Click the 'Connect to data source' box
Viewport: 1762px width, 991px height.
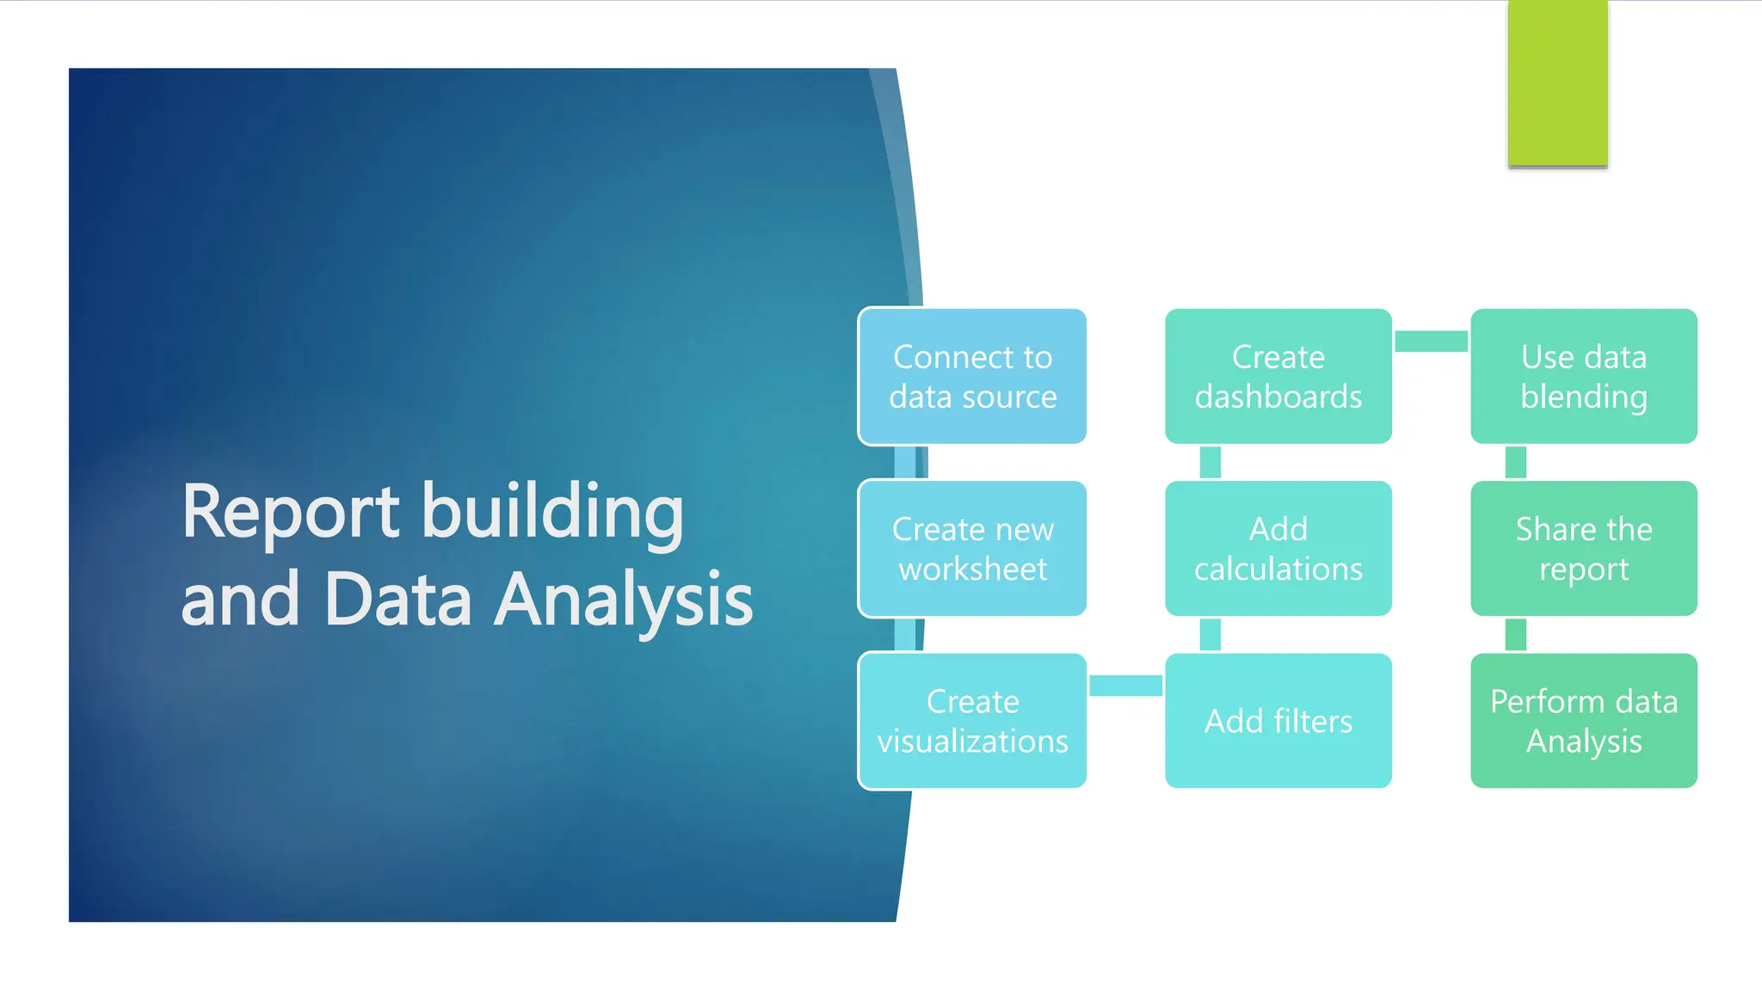(972, 376)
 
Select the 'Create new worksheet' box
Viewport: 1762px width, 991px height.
(972, 548)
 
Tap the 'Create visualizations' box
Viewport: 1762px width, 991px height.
(972, 720)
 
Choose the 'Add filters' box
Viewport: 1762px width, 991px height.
(1278, 720)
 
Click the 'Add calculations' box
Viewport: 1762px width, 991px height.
(1278, 548)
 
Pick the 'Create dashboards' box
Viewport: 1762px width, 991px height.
(1278, 376)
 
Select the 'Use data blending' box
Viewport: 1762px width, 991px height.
(1583, 376)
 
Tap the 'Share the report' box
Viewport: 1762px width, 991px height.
(1583, 548)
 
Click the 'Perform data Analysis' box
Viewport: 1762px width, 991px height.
(1583, 720)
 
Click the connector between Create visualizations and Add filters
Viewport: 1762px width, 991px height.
(1125, 686)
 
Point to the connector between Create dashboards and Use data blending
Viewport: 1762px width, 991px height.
(1431, 342)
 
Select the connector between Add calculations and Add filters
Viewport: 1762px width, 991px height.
(1211, 634)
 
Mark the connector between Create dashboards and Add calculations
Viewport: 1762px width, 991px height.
(1211, 462)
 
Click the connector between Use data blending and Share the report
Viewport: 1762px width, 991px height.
(1516, 462)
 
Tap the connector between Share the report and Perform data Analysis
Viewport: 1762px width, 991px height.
(1516, 634)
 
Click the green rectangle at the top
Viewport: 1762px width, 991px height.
(1557, 83)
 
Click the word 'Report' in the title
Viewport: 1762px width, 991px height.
(290, 514)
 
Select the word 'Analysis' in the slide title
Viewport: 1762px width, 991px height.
(624, 601)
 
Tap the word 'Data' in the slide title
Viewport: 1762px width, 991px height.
(398, 600)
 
